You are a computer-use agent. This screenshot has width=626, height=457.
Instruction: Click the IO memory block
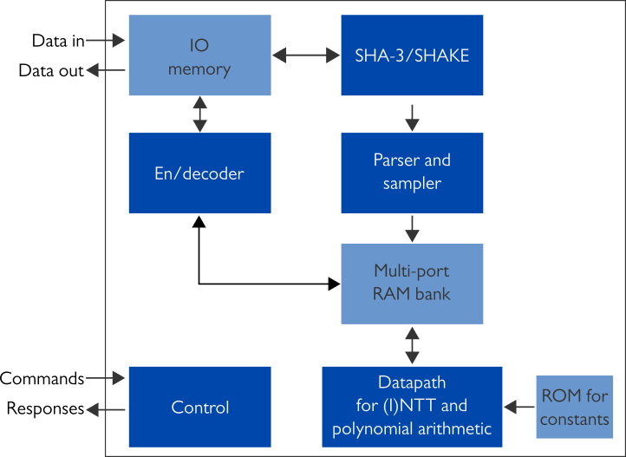[199, 55]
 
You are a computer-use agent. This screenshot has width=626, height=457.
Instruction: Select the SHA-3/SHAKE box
[412, 55]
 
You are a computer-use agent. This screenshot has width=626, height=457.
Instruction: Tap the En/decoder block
[199, 173]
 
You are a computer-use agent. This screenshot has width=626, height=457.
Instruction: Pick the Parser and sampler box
[412, 172]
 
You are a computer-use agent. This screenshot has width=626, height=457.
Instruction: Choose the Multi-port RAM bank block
[412, 283]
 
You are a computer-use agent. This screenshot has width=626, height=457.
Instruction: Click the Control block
[199, 407]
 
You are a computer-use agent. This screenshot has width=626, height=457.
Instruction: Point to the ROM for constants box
[575, 407]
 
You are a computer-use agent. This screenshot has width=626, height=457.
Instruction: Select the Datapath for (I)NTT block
[412, 406]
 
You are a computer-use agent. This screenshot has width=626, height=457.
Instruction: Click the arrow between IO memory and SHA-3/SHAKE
[306, 55]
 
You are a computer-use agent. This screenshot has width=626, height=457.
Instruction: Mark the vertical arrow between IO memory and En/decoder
[200, 114]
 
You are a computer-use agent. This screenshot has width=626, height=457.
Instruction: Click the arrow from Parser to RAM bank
[412, 228]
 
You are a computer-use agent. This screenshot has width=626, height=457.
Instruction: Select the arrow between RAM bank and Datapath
[412, 345]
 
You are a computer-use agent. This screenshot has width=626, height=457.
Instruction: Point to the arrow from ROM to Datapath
[519, 406]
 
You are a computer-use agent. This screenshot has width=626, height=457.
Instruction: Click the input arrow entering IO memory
[107, 40]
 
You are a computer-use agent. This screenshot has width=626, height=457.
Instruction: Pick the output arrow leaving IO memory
[107, 70]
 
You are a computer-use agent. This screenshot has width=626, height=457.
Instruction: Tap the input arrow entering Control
[107, 378]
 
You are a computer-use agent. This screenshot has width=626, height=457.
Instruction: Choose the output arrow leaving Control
[107, 409]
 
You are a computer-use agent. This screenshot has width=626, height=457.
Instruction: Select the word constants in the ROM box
[575, 420]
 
